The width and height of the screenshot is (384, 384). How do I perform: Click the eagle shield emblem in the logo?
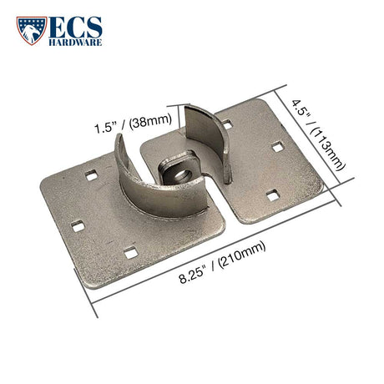(32, 30)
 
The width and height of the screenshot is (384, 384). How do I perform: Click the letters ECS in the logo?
(75, 28)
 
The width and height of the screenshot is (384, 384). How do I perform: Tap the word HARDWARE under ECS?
(75, 43)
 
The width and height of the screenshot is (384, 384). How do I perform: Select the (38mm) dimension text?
(150, 120)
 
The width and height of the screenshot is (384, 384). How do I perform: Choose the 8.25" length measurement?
(193, 275)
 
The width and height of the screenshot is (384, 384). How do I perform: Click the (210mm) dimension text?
(241, 255)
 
